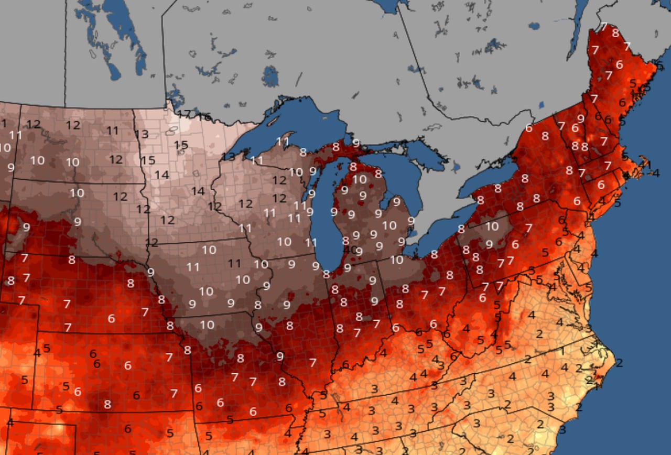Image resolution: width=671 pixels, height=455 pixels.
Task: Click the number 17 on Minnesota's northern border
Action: click(183, 113)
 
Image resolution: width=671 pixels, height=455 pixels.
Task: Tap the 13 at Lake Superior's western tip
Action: click(228, 156)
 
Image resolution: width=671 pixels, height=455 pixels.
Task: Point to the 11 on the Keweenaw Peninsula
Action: click(283, 141)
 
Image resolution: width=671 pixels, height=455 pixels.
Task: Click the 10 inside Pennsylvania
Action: click(492, 226)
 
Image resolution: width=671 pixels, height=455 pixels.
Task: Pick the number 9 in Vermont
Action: click(581, 118)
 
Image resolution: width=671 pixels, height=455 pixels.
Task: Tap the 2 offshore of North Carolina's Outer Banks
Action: click(619, 362)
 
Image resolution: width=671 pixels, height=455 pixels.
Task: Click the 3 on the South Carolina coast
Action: click(562, 429)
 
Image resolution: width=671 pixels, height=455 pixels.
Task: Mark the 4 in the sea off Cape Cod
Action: click(656, 172)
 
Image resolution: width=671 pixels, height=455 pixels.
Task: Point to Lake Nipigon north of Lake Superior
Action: click(270, 76)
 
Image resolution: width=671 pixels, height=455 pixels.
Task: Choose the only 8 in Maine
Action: click(615, 33)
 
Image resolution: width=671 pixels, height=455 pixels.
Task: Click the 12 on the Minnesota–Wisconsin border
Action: click(214, 207)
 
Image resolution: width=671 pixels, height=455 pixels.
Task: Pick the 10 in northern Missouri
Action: click(207, 324)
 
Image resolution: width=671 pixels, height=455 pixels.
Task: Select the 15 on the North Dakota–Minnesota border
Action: click(148, 160)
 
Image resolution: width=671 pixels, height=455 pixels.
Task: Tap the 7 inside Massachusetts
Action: click(608, 165)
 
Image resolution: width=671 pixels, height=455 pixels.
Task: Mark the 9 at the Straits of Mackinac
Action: click(356, 142)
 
